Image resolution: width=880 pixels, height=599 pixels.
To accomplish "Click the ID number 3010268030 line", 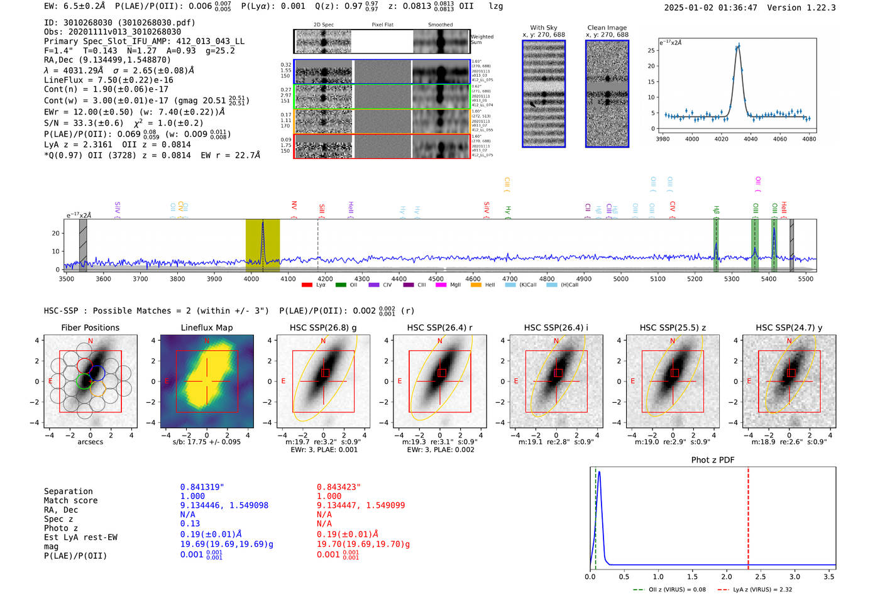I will tap(119, 23).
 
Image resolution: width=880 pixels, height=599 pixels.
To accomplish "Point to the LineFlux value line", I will tap(108, 80).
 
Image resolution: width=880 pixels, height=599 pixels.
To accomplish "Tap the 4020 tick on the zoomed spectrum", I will tap(721, 138).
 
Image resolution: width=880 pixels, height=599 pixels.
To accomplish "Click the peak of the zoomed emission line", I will tap(739, 45).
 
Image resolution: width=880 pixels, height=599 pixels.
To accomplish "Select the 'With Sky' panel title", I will tap(543, 28).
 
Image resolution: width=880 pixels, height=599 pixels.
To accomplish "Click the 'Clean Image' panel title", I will tap(607, 28).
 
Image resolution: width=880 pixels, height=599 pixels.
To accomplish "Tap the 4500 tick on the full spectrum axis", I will tap(436, 278).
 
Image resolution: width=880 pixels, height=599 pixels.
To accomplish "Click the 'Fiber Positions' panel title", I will tap(90, 327).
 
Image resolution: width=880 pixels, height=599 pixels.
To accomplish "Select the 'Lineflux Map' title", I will tap(206, 327).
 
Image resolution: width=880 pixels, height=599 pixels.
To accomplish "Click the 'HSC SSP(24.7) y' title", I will tap(789, 327).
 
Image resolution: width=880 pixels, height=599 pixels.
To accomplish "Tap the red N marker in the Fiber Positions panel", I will tap(91, 341).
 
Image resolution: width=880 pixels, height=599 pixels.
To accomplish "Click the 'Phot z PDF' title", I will tap(713, 459).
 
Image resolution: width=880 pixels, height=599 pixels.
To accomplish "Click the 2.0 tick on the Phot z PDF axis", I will tap(727, 576).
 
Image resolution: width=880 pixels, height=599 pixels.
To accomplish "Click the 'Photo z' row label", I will tap(60, 528).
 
